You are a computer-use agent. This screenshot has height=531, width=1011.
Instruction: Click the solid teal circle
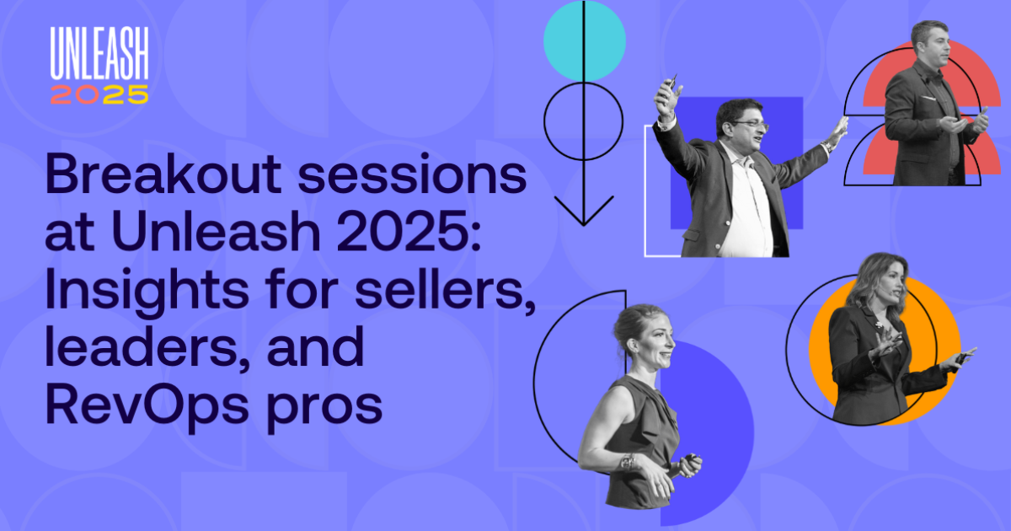pos(585,40)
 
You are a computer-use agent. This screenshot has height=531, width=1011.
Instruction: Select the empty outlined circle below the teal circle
pos(583,121)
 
